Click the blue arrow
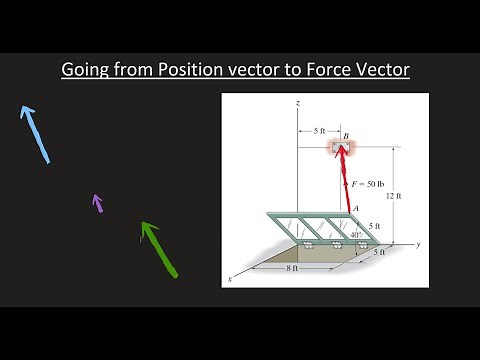pos(34,133)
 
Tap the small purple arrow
pos(97,203)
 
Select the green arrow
pos(158,248)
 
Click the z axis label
pos(299,103)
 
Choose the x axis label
pos(231,281)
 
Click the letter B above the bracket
pos(345,135)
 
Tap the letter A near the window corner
pos(357,208)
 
